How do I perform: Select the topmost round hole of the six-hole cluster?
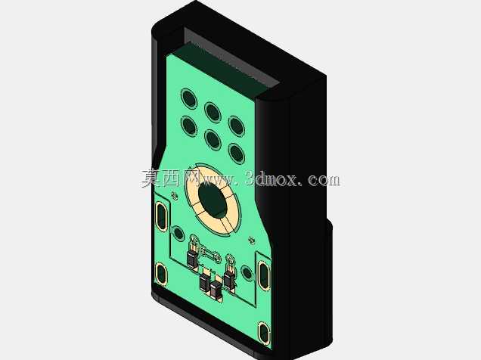(x=188, y=98)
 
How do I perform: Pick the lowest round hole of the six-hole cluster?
(x=237, y=153)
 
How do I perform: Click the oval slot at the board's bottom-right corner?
(x=263, y=333)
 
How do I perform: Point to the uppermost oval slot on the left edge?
(x=161, y=216)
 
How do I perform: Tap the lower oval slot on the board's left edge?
(x=161, y=274)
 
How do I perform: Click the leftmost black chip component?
(x=192, y=259)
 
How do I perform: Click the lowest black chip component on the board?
(x=216, y=290)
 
